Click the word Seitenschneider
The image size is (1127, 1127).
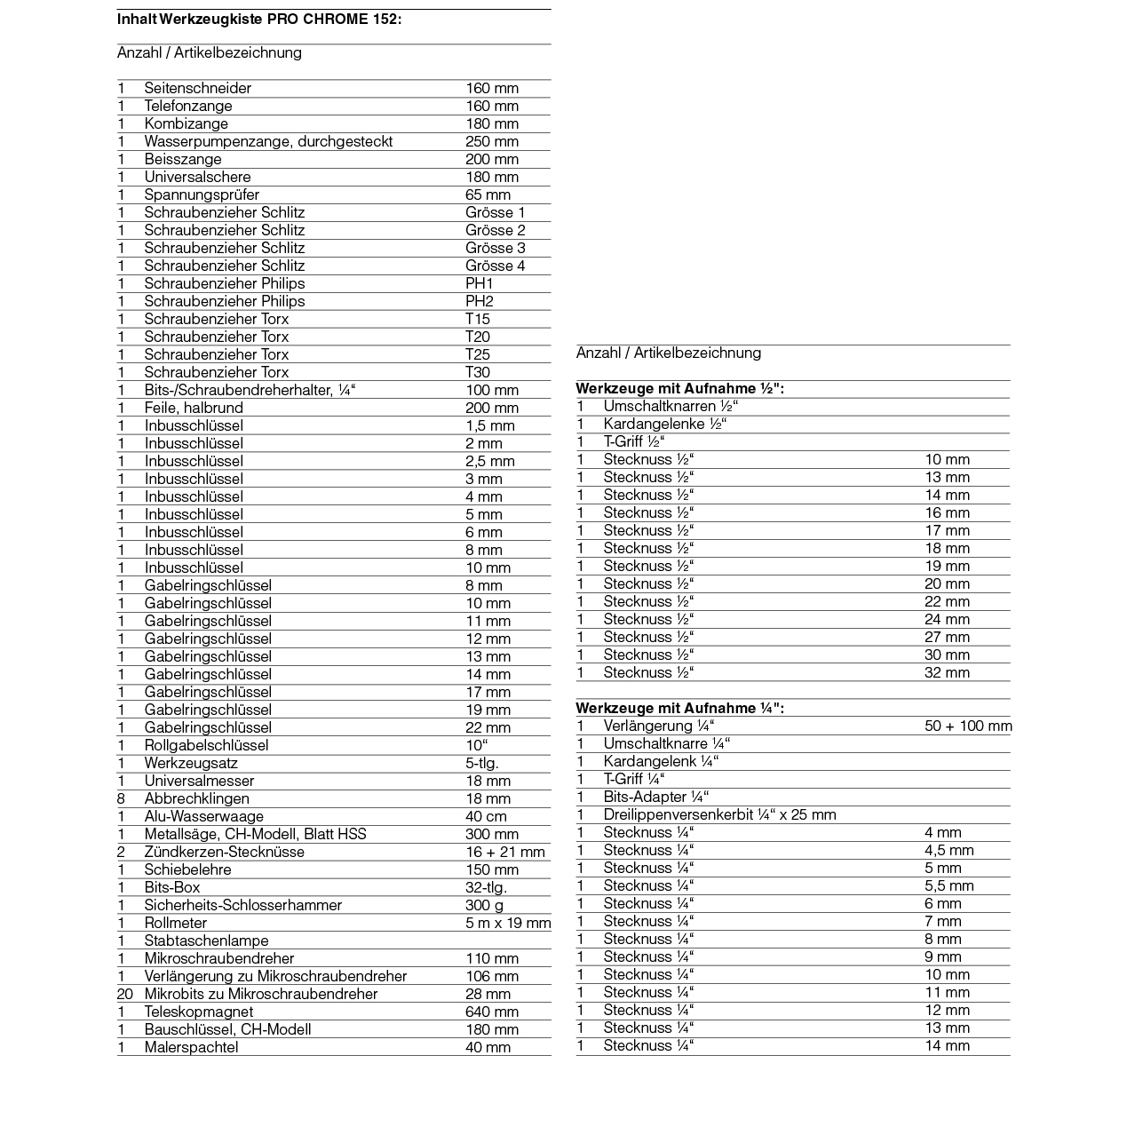pos(197,88)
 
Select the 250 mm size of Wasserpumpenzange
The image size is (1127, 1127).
pos(491,141)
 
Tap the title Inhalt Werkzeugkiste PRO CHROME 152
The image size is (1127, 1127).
pos(258,18)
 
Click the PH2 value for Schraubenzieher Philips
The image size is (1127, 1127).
pos(479,301)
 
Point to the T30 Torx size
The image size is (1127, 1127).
pos(477,372)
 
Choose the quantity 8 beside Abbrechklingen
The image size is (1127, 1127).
pos(121,798)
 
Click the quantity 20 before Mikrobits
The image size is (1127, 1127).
pos(124,994)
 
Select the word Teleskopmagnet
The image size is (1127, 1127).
pos(198,1012)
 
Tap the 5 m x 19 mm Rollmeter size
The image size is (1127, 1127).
pos(507,923)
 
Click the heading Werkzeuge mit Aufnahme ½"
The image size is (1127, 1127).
pos(679,388)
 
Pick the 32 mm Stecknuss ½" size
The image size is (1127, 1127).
pos(947,672)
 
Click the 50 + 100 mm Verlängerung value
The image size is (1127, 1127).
pos(967,726)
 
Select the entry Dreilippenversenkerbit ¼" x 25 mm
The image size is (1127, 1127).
pos(719,814)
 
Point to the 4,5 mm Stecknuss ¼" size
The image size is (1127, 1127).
pos(948,850)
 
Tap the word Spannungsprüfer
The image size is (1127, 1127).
pos(202,194)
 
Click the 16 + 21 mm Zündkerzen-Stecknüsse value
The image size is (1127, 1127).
pos(504,852)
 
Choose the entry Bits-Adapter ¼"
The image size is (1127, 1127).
pos(655,797)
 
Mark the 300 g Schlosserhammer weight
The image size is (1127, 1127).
pos(484,905)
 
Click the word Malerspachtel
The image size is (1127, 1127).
pos(191,1047)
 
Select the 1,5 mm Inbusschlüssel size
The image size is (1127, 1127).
pos(489,425)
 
